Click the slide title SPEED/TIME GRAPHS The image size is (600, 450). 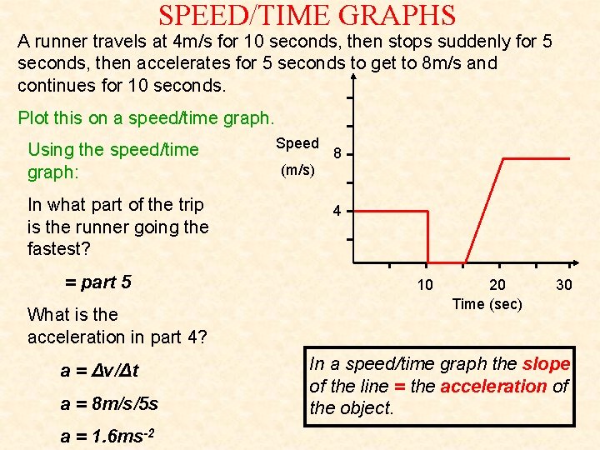coord(307,16)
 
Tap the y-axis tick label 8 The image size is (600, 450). coord(336,154)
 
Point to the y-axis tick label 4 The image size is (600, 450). coord(336,211)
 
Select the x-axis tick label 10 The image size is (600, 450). coord(425,285)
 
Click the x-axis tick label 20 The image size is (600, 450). coord(497,285)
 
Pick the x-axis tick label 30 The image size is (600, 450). coord(564,285)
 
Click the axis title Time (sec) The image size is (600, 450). coord(487,304)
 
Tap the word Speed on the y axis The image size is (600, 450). coord(297,143)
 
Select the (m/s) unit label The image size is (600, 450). coord(297,170)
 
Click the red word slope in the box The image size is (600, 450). coord(546,364)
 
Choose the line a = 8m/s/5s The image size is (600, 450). coord(109,403)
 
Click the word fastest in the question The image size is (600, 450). coord(59,248)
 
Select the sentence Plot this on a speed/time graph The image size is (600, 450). coord(146,117)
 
